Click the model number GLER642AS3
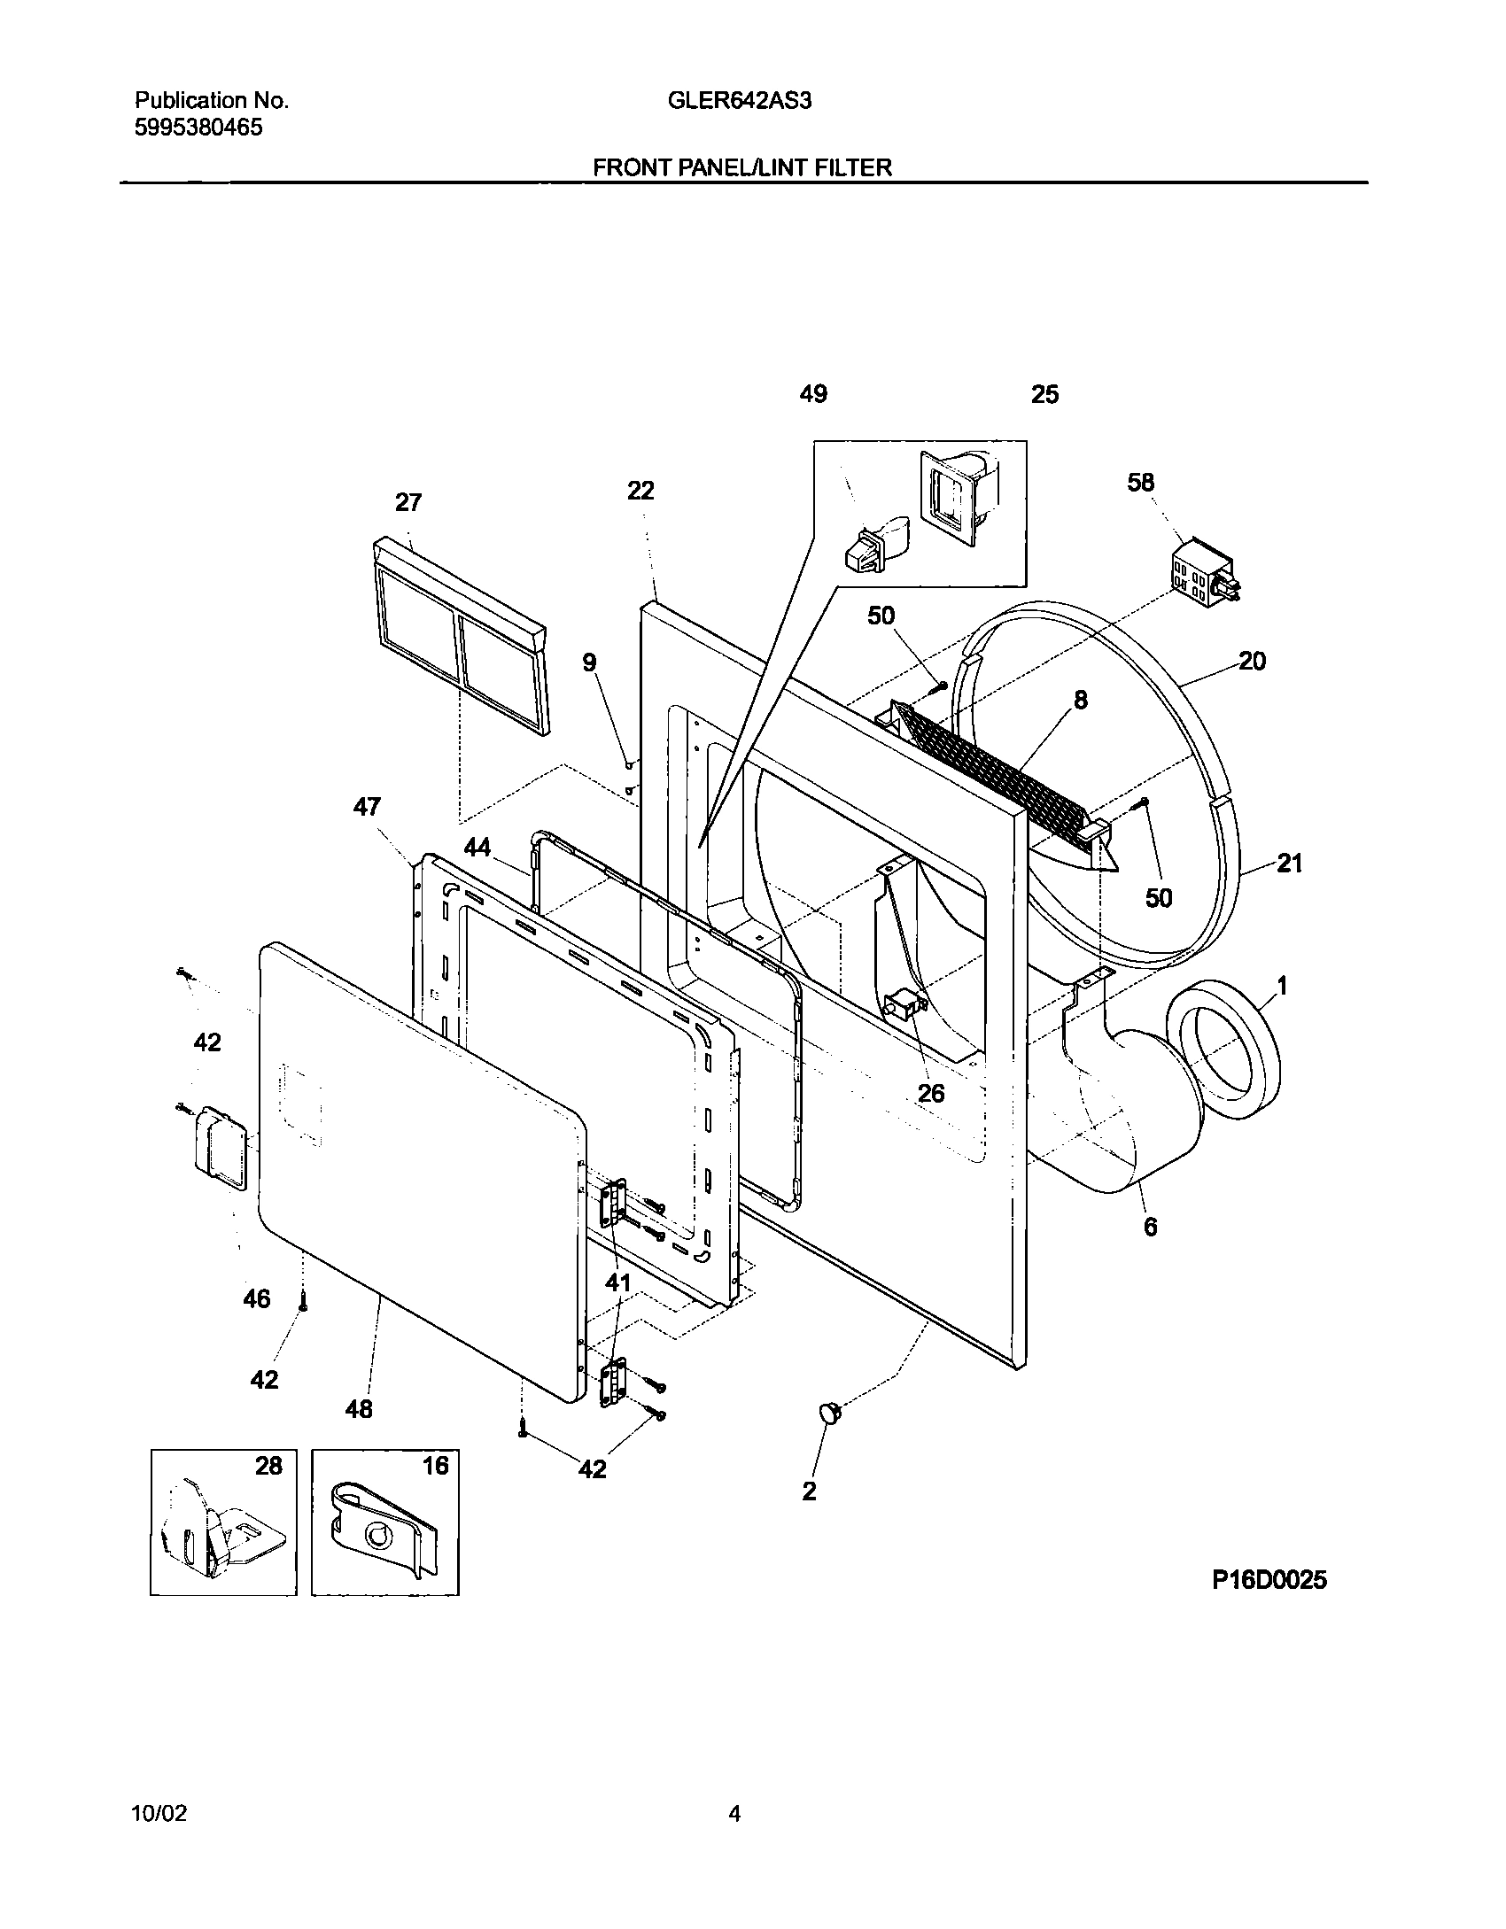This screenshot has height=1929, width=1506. click(740, 101)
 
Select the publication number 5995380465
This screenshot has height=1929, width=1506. click(198, 128)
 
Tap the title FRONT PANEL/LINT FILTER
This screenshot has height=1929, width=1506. click(742, 167)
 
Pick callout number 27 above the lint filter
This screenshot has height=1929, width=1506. click(408, 503)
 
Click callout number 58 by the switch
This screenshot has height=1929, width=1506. click(1141, 483)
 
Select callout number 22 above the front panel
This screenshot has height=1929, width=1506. click(640, 491)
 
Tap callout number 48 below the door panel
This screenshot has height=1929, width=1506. click(359, 1408)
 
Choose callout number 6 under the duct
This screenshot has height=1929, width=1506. click(1150, 1227)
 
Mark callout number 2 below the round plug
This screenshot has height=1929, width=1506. click(809, 1491)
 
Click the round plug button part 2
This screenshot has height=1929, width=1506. click(830, 1413)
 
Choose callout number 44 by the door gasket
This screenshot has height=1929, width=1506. click(477, 848)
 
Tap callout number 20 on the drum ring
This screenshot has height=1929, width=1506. click(1252, 661)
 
